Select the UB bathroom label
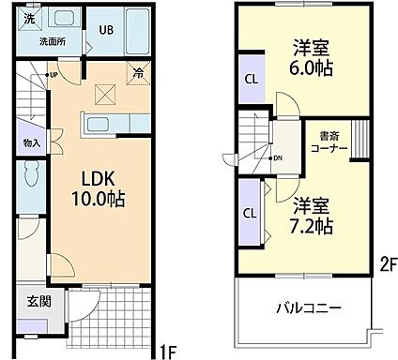pos(107,30)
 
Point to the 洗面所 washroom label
pos(38,41)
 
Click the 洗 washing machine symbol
pos(29,17)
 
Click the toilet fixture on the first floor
pos(32,179)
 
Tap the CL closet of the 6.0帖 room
pos(252,79)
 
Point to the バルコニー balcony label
pos(307,307)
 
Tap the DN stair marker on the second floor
pos(278,157)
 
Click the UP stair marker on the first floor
pos(54,74)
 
